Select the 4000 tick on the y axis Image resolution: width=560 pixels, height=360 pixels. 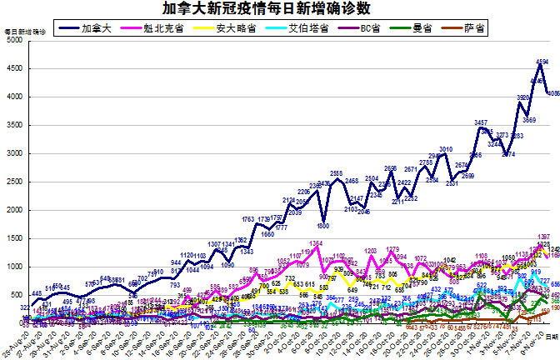tap(13, 97)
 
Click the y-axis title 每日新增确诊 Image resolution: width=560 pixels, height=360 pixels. tap(22, 32)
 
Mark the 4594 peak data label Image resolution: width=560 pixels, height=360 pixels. tap(542, 62)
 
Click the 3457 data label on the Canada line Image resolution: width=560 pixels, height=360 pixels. tap(481, 122)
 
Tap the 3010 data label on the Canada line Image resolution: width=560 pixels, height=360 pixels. tap(446, 148)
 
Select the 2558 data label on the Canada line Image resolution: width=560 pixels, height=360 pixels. tap(337, 173)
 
